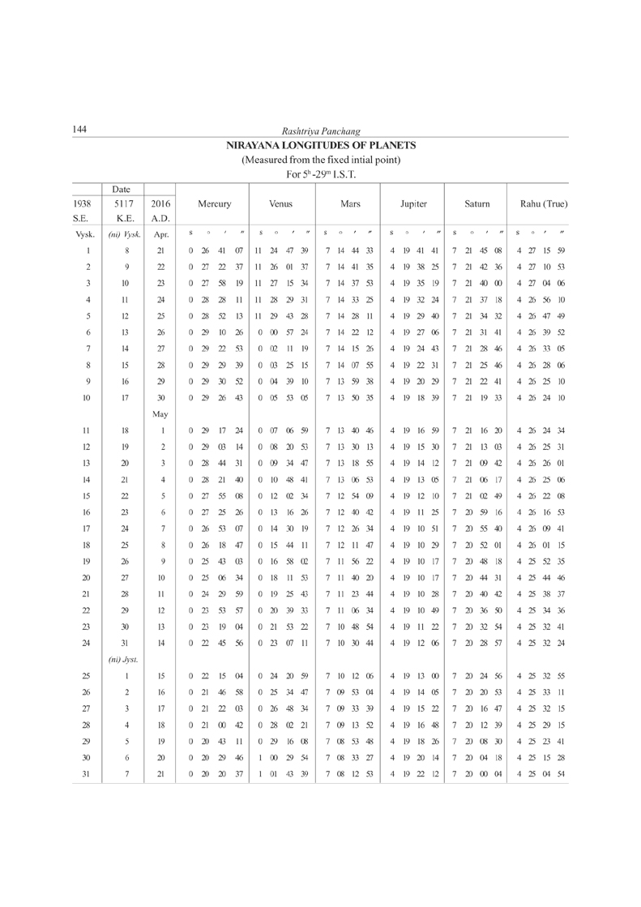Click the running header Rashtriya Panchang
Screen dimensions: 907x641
point(321,131)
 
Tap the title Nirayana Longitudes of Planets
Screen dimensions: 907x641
point(321,146)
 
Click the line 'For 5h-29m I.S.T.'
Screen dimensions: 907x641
point(321,174)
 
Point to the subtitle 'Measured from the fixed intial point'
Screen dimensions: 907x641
point(321,160)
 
